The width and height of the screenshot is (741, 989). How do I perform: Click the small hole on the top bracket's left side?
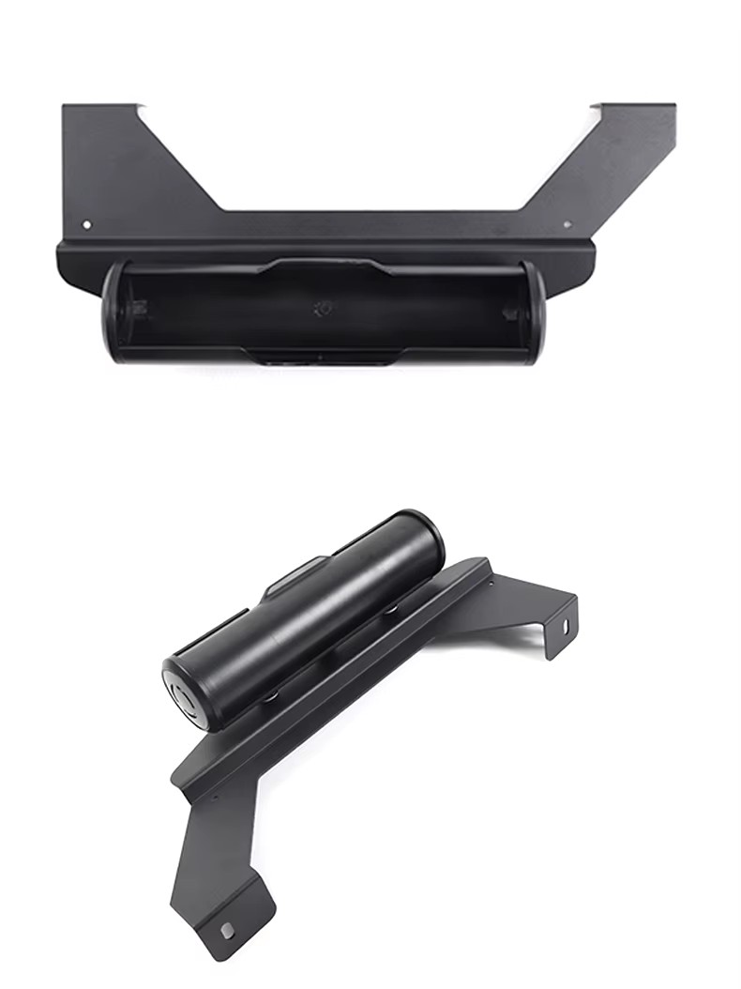[x=87, y=224]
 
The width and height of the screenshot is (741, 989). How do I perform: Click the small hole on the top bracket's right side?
[x=567, y=224]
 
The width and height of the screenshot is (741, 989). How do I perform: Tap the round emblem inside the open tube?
[x=324, y=305]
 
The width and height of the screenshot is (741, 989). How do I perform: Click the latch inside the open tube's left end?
[x=139, y=308]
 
